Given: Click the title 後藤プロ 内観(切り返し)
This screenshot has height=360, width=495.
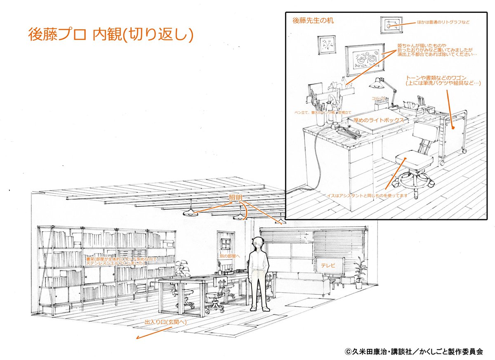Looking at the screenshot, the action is pyautogui.click(x=111, y=35).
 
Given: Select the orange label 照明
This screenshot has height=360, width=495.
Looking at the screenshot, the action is pyautogui.click(x=236, y=199).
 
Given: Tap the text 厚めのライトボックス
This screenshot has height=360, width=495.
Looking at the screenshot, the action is pyautogui.click(x=378, y=120).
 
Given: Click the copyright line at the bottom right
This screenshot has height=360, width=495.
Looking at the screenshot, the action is pyautogui.click(x=414, y=351).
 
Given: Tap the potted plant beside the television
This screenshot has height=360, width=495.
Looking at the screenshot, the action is pyautogui.click(x=360, y=270).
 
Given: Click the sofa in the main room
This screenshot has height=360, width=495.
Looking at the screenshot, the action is pyautogui.click(x=302, y=283).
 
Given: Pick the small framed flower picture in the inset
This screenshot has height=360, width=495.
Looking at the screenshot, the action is pyautogui.click(x=326, y=45).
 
